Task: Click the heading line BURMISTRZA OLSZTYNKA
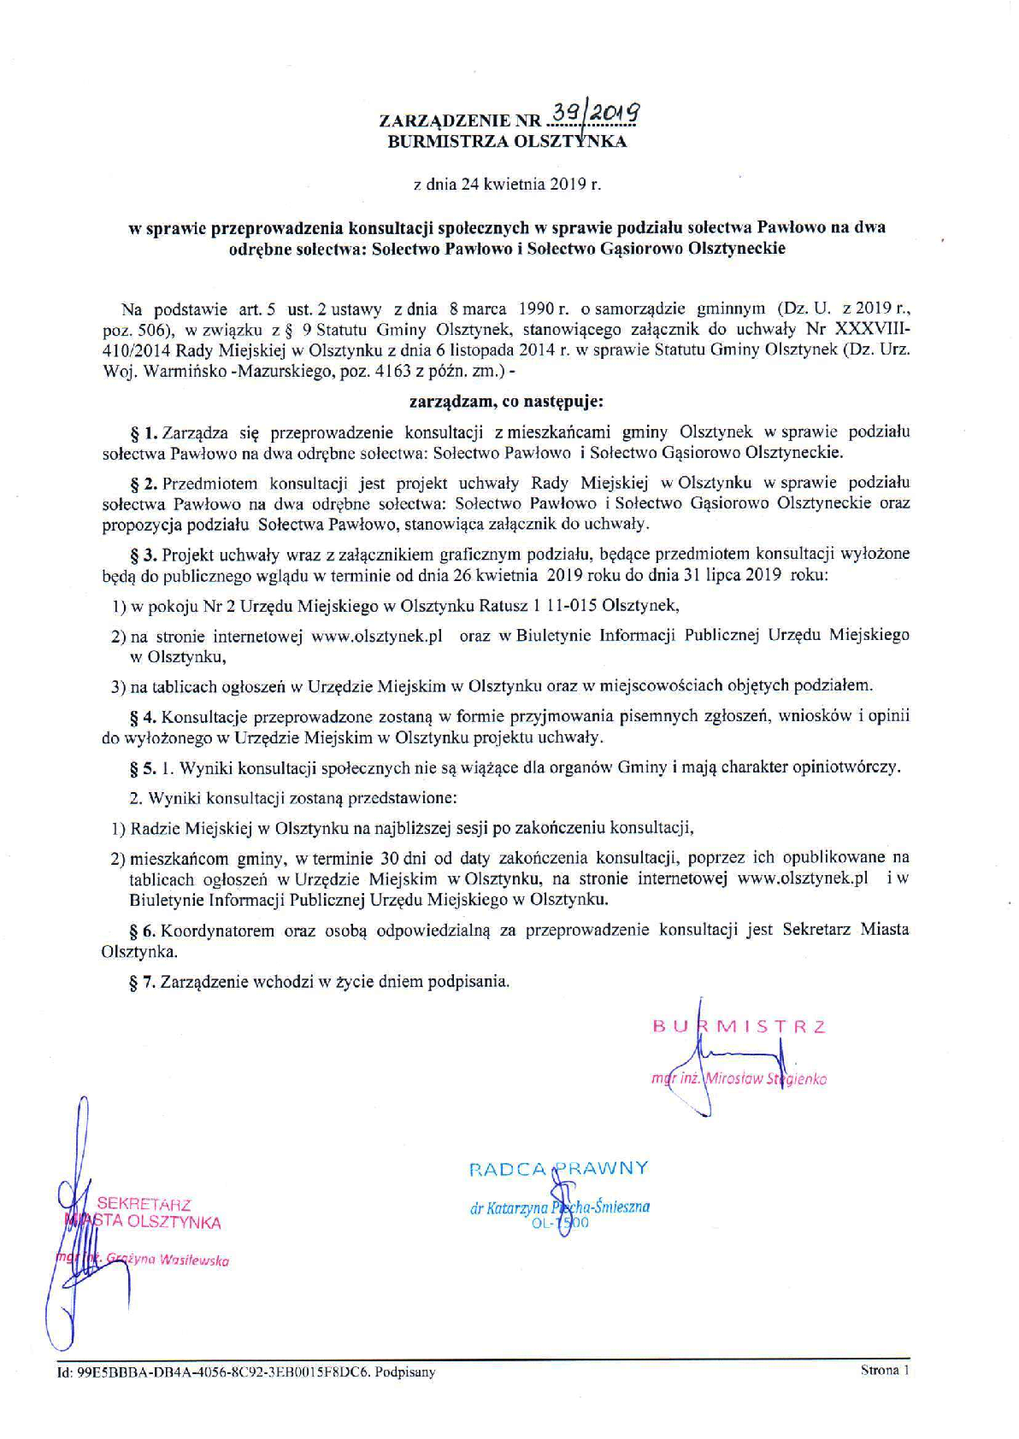pyautogui.click(x=507, y=142)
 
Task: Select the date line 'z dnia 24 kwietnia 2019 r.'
pyautogui.click(x=508, y=184)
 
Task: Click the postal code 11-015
pyautogui.click(x=572, y=607)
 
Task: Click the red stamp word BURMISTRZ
pyautogui.click(x=739, y=1026)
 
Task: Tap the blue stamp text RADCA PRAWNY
pyautogui.click(x=558, y=1168)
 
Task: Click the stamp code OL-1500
pyautogui.click(x=559, y=1224)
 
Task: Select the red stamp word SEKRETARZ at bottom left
pyautogui.click(x=144, y=1204)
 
